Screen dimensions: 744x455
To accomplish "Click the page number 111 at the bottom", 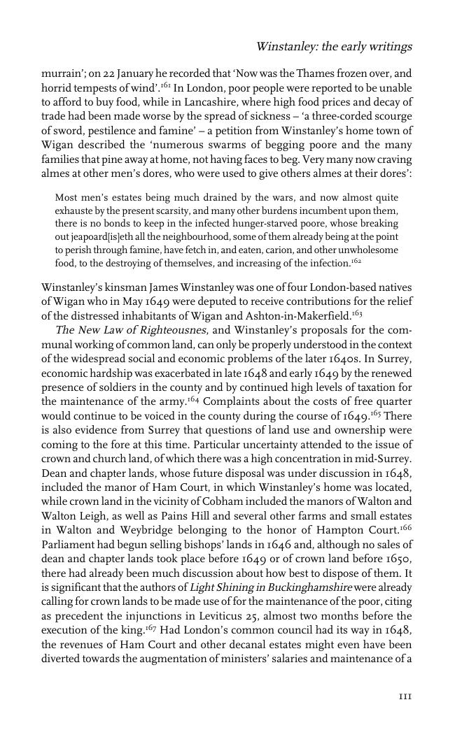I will point(405,696).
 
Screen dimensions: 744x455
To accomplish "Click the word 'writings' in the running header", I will point(391,47).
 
